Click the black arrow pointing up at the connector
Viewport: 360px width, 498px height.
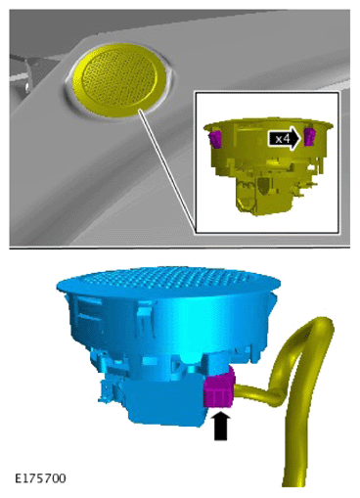tap(220, 426)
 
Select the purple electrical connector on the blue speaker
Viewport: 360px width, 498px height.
tap(219, 387)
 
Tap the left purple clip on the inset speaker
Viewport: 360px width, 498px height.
tap(215, 138)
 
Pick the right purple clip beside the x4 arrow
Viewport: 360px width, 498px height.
tap(309, 137)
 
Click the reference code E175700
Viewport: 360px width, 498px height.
tap(40, 478)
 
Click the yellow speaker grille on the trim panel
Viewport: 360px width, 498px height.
tap(119, 80)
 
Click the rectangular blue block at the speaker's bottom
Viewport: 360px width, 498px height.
tap(163, 403)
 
